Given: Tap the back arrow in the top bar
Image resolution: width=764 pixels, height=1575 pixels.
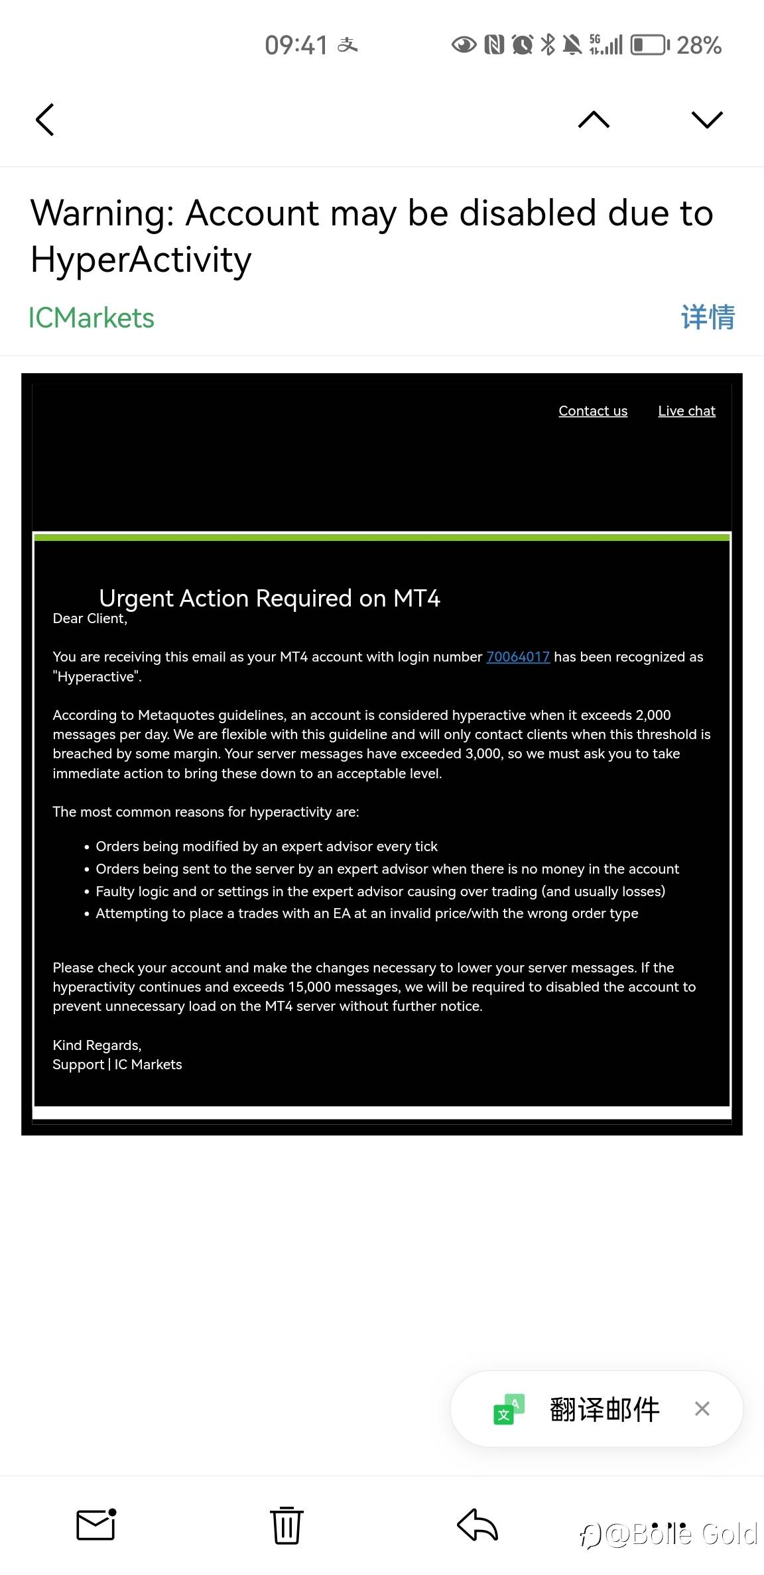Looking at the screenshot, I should click(x=45, y=120).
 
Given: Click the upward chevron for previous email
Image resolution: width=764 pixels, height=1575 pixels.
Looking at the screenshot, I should click(x=594, y=119).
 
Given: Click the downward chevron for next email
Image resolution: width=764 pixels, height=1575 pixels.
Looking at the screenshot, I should click(x=706, y=119).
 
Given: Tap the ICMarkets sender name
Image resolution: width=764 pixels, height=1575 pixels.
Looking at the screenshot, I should click(x=92, y=318).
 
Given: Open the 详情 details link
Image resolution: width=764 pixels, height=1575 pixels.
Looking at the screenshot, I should click(x=708, y=318).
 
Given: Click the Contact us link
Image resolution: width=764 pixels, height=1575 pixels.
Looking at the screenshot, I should click(x=593, y=411).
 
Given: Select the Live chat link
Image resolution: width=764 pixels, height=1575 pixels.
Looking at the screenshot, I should click(x=686, y=411).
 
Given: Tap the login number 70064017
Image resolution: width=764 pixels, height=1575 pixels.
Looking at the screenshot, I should click(x=518, y=657).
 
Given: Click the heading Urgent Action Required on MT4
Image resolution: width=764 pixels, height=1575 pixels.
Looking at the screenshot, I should click(x=269, y=598).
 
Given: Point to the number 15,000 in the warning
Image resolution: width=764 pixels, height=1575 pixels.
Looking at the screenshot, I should click(x=309, y=987).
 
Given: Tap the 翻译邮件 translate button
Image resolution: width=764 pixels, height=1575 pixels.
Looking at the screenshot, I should click(x=604, y=1409).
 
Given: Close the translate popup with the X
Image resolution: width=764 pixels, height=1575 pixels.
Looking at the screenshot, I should click(x=702, y=1409).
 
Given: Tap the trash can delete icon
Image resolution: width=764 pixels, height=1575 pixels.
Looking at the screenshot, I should click(x=286, y=1525).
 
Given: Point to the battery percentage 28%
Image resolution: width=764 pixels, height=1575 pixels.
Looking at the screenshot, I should click(x=698, y=45).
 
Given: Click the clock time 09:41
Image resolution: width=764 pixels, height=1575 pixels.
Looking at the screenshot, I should click(x=296, y=45).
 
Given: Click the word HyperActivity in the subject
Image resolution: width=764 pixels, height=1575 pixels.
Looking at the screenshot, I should click(x=141, y=259).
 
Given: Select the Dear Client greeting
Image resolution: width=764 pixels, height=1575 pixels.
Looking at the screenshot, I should click(x=90, y=618).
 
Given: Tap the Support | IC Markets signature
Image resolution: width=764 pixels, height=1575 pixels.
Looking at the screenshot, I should click(x=117, y=1065).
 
